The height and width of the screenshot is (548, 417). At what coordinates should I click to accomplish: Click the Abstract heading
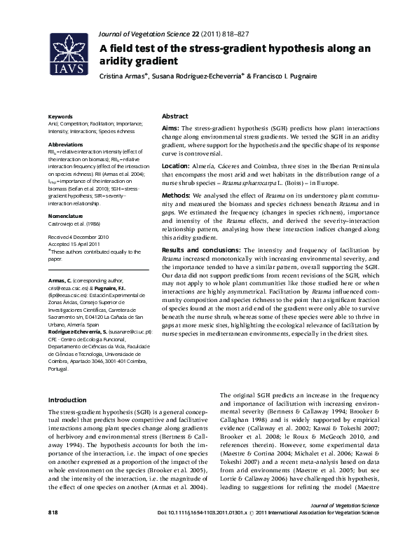[x=175, y=116]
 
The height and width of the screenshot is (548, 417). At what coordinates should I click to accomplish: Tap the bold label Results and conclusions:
[x=201, y=249]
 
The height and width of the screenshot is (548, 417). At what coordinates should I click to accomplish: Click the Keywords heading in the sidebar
[x=60, y=116]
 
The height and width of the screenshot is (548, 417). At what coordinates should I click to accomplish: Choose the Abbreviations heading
[x=65, y=143]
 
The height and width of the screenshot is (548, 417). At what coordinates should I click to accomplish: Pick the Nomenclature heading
[x=65, y=216]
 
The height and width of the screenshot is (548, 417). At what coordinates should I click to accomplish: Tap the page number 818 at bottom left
[x=53, y=533]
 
